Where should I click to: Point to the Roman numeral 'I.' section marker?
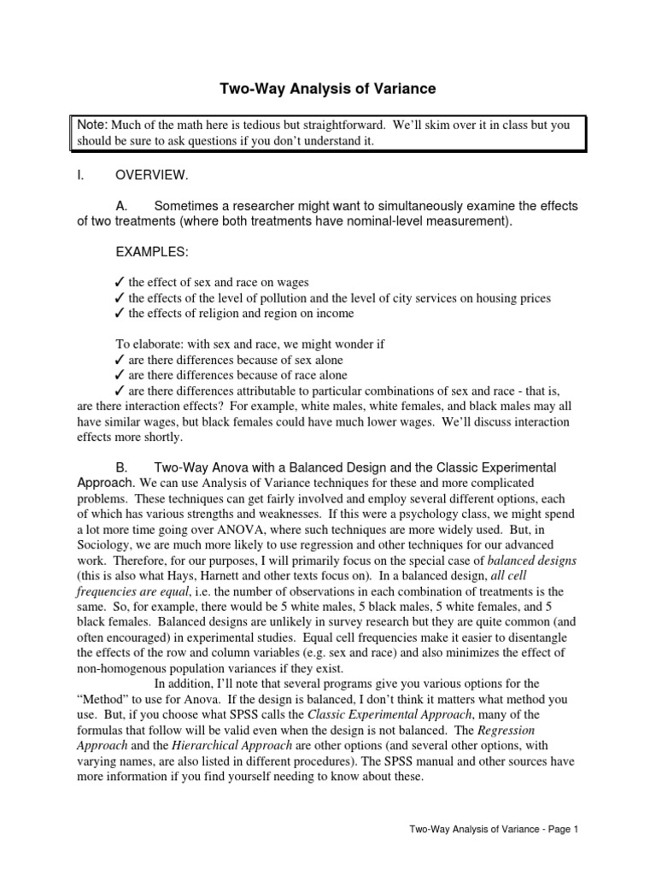80,174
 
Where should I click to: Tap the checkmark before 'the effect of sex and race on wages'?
119,283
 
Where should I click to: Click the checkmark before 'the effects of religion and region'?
119,314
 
